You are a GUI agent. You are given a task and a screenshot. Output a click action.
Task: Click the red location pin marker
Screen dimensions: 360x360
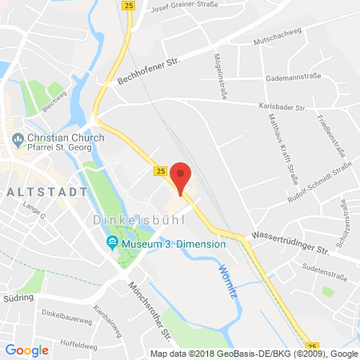coord(182,178)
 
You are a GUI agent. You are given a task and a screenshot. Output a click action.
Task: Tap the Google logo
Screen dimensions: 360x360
coord(27,350)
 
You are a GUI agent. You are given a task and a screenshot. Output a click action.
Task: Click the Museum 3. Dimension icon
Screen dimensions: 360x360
coord(111,242)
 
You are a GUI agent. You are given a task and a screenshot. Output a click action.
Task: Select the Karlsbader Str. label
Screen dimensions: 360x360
coord(294,105)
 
